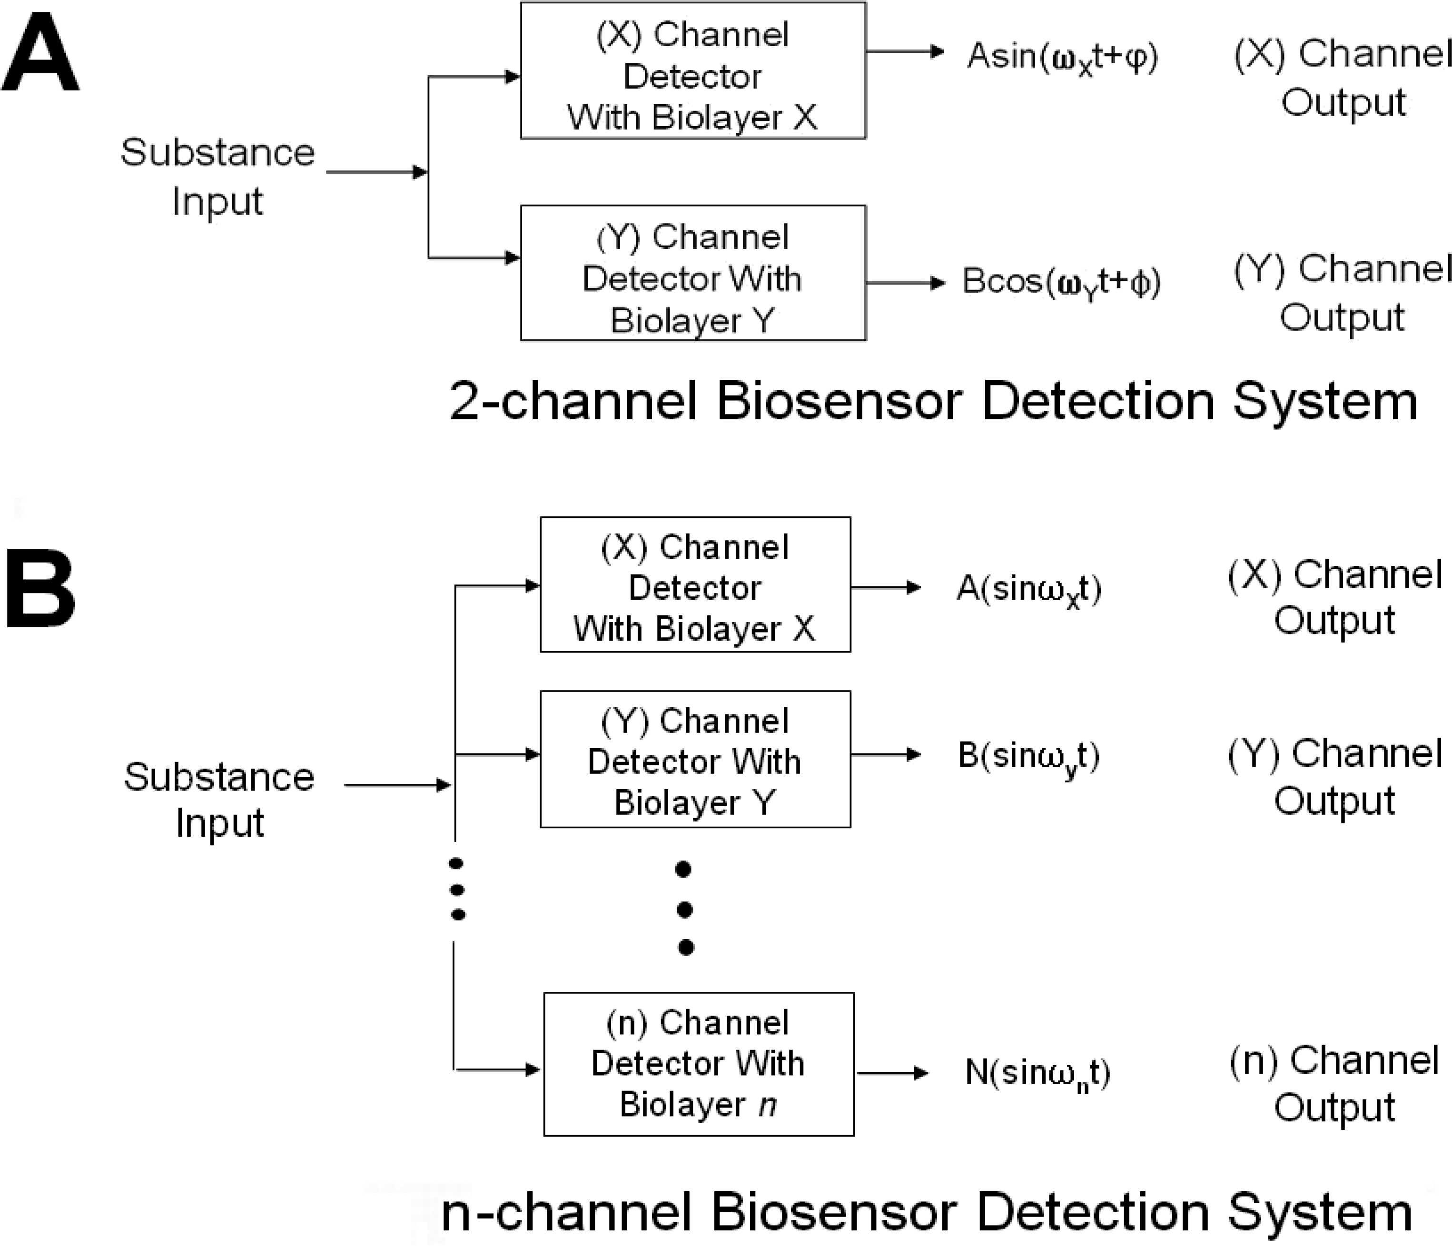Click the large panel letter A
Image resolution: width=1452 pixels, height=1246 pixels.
point(40,55)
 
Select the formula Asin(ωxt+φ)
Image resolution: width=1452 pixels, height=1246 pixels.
point(1062,56)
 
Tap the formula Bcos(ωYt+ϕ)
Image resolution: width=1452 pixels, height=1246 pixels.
point(1061,282)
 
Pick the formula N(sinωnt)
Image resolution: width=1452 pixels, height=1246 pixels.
point(1037,1072)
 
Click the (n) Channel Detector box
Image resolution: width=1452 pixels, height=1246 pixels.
point(699,1063)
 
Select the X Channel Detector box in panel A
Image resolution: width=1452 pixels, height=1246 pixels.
point(692,71)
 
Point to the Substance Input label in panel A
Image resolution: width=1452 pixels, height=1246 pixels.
point(217,176)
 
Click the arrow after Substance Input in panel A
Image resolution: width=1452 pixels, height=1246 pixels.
point(377,172)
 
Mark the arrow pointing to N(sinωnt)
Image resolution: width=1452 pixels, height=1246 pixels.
point(892,1073)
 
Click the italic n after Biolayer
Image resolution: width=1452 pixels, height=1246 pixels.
point(768,1105)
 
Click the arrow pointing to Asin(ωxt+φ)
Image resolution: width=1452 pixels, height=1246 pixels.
point(905,51)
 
